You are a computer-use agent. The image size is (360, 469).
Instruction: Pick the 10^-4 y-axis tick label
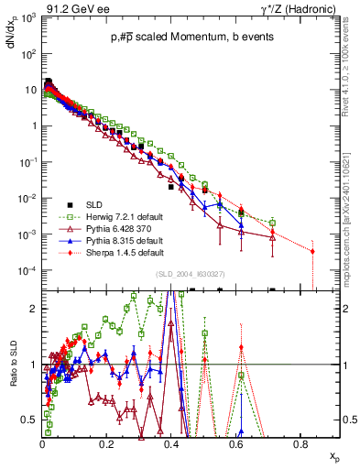[27, 270]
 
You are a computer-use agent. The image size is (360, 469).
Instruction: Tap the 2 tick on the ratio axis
[34, 309]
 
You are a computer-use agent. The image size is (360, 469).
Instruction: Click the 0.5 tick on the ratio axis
[30, 420]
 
